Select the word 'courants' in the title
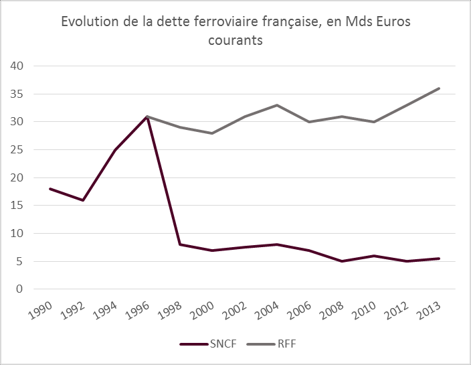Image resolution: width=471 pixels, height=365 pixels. (x=234, y=40)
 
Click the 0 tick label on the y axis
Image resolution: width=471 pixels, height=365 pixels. (x=19, y=289)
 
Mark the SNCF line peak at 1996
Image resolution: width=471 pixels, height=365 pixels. (x=148, y=117)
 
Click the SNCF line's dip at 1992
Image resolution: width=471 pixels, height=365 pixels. (x=83, y=200)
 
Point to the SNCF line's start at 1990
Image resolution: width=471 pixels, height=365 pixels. (x=51, y=189)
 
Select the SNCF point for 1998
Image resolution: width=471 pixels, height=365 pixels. (x=180, y=244)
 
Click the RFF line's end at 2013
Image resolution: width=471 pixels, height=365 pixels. (x=439, y=88)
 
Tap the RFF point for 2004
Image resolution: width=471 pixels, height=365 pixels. (x=277, y=105)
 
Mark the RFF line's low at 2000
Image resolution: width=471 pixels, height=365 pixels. (x=212, y=133)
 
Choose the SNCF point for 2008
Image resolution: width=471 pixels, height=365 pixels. (x=342, y=261)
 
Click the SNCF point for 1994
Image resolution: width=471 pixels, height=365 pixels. (x=115, y=150)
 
